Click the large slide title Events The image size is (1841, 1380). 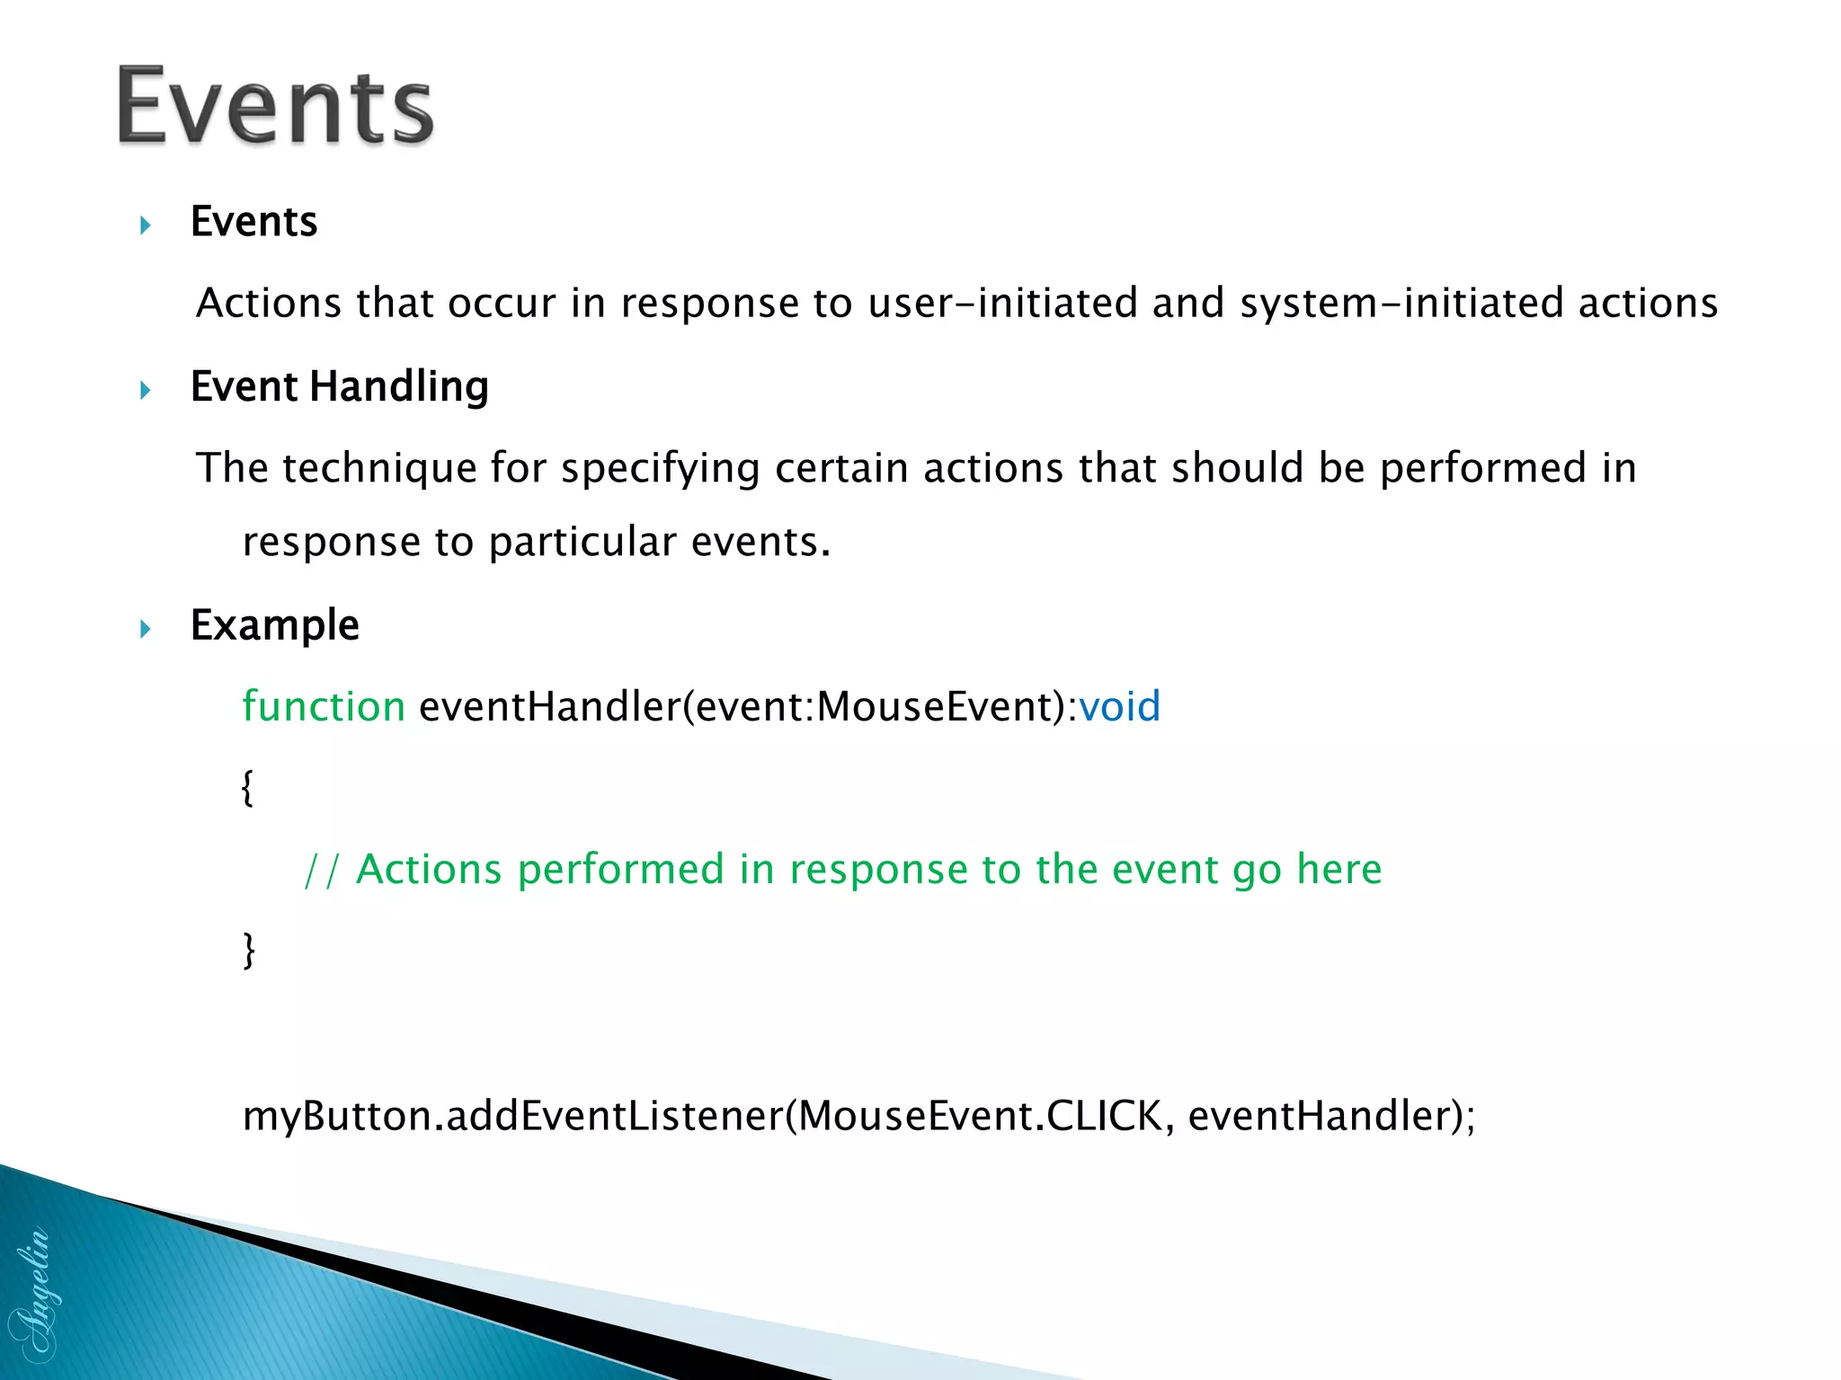point(275,106)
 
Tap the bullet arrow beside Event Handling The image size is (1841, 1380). point(146,390)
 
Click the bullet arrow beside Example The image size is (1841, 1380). point(146,629)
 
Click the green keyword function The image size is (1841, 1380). point(324,707)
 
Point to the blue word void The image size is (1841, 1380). point(1119,707)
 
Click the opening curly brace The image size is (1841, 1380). point(248,788)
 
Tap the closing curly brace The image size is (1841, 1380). point(249,951)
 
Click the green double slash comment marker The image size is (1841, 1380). point(321,871)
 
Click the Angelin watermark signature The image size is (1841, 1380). point(32,1294)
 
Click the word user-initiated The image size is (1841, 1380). point(1003,304)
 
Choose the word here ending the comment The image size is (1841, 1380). point(1339,870)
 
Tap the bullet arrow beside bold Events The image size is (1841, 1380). point(146,226)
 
